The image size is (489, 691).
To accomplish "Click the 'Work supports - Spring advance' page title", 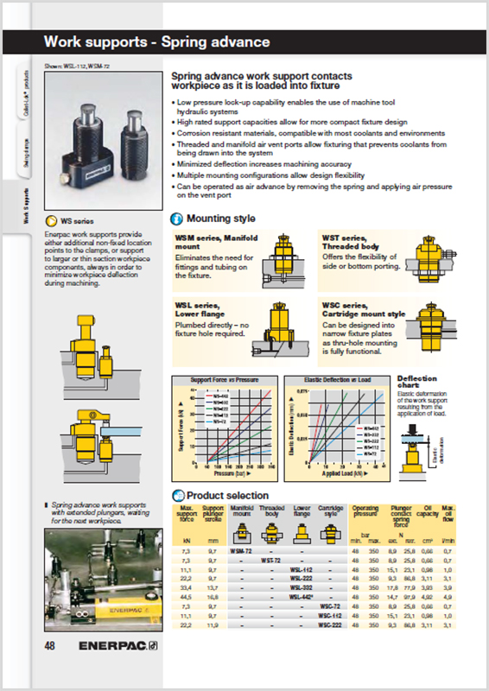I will tap(157, 41).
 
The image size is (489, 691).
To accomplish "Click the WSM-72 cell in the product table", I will tap(241, 550).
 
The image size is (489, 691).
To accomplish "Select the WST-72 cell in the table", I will tap(271, 560).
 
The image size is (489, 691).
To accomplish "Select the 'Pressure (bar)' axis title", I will tap(226, 474).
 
